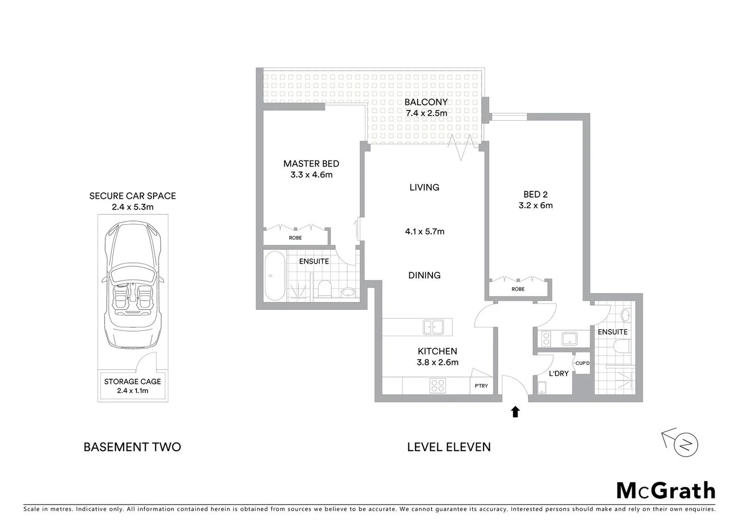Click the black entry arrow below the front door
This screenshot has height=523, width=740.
click(515, 412)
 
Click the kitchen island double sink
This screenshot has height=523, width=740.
click(433, 327)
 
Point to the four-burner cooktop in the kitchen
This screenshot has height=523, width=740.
click(437, 386)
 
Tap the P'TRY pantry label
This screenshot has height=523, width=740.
click(481, 386)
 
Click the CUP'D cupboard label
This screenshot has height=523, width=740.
click(582, 363)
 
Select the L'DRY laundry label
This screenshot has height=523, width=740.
click(558, 373)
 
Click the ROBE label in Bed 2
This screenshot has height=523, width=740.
click(518, 289)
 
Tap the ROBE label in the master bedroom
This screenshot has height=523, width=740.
click(295, 238)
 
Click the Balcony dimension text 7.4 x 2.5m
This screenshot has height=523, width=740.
click(426, 113)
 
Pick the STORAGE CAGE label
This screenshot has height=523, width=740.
click(132, 382)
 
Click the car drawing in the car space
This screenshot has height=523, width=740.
click(132, 286)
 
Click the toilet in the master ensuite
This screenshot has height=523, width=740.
click(324, 289)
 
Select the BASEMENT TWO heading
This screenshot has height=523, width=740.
click(132, 447)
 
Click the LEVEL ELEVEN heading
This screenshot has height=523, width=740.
click(448, 447)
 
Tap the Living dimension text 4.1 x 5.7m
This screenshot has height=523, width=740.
click(425, 231)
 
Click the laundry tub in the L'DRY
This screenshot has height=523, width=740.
click(541, 387)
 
